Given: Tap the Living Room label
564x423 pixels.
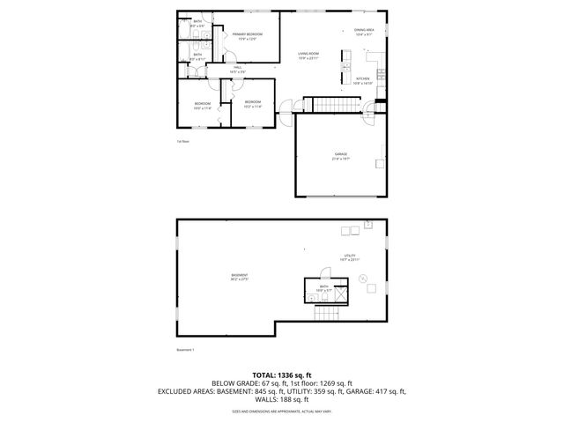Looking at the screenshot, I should point(308,55).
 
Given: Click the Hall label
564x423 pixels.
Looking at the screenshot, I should point(237,69).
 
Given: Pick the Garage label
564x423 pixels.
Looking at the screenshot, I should point(340,154).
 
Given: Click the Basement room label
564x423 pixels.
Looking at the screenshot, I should point(239,277).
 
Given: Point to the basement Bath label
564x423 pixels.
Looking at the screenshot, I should point(324,286).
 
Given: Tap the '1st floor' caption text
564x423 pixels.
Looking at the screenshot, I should point(183,141).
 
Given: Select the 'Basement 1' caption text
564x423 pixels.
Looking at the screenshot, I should point(185,349).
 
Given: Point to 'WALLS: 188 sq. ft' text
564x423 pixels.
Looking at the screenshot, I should point(281,399).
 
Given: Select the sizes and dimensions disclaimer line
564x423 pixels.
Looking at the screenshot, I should point(281,411).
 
